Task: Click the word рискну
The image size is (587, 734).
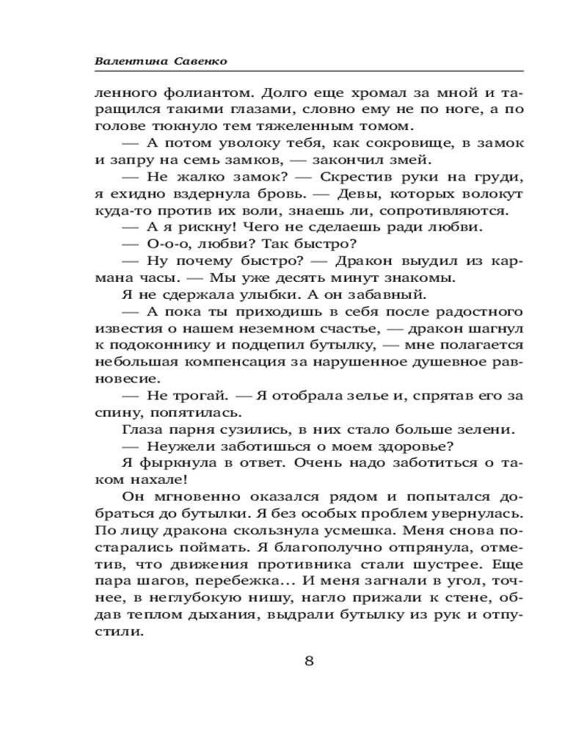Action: tap(195, 228)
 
